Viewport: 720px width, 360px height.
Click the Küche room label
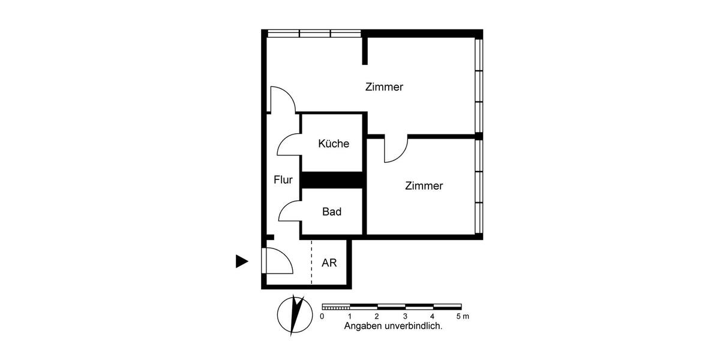click(334, 144)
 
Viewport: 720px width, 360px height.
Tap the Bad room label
click(332, 212)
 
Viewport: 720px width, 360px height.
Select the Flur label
click(283, 179)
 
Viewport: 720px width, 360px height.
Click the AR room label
click(329, 263)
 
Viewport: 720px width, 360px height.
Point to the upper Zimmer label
click(384, 87)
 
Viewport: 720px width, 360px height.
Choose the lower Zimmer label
click(424, 186)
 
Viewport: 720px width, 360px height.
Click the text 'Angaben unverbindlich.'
click(393, 327)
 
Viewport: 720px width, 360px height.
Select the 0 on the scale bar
click(322, 316)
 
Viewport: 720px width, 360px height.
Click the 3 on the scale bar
click(405, 316)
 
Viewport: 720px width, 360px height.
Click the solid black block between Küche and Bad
click(332, 180)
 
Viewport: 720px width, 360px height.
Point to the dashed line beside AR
click(311, 262)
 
